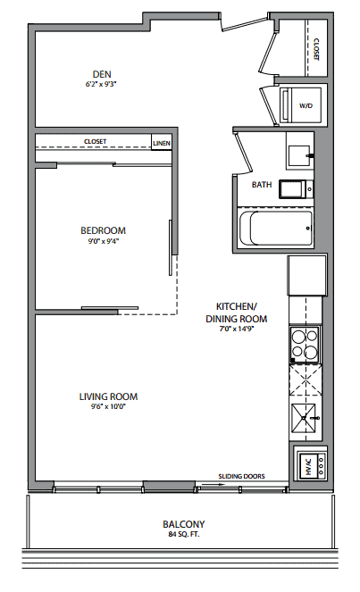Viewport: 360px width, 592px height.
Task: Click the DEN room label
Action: point(102,74)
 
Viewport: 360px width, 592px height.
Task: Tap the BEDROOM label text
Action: point(103,230)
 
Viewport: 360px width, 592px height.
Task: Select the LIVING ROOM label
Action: point(108,396)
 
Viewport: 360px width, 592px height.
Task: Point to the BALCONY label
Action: point(184,524)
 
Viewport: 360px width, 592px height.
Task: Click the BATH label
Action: point(262,185)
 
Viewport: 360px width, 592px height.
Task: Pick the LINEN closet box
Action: point(162,142)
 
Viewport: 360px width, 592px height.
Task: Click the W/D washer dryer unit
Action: point(300,105)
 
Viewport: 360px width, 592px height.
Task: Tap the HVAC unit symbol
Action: point(310,466)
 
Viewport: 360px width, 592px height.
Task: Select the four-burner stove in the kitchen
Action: point(305,345)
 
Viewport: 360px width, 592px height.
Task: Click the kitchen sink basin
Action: point(304,417)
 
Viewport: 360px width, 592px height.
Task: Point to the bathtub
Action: point(276,228)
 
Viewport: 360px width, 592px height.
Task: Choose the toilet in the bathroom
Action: point(297,188)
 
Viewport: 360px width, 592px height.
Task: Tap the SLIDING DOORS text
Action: point(241,476)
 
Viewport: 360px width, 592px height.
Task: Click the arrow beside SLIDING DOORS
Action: point(209,484)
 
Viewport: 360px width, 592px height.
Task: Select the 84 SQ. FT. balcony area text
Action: point(184,534)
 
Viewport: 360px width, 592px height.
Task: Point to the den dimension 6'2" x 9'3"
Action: point(100,85)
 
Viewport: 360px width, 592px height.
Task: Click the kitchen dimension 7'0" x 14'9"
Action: point(237,329)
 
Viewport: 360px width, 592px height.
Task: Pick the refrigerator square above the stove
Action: point(306,276)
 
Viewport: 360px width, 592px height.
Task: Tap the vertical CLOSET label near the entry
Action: point(316,49)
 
